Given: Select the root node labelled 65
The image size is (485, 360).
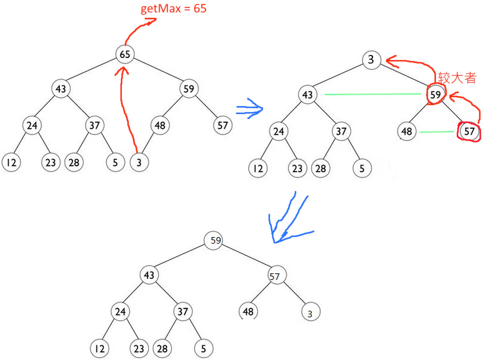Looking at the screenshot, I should click(125, 54).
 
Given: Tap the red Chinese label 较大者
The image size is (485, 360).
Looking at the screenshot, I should click(456, 77).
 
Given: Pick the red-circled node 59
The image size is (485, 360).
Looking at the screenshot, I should click(435, 95).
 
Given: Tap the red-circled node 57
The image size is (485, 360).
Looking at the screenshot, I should click(470, 131).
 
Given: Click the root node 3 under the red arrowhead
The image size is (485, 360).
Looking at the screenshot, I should click(371, 60).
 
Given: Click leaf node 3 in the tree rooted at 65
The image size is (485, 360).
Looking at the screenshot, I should click(139, 163).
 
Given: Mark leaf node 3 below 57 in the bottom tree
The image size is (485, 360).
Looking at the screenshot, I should click(310, 313).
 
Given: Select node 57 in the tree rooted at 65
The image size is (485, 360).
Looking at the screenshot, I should click(223, 125).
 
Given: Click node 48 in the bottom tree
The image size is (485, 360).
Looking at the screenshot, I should click(249, 311).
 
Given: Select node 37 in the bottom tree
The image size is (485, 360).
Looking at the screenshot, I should click(183, 311).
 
